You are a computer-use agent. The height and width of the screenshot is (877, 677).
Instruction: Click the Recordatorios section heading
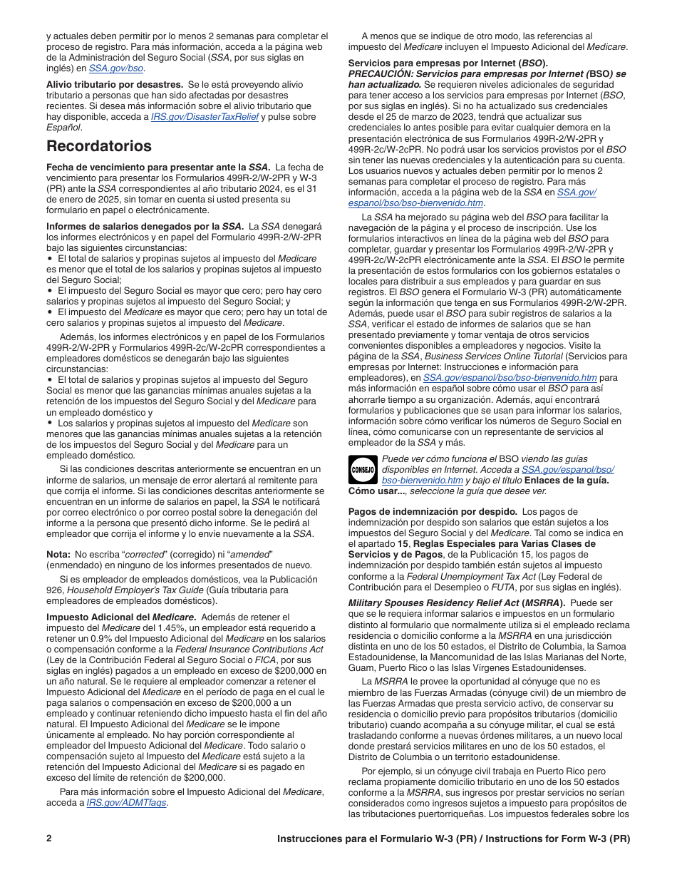tap(99, 146)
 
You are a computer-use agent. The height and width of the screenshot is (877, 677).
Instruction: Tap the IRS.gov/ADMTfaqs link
tap(126, 802)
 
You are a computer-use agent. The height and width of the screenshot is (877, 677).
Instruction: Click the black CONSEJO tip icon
tap(362, 470)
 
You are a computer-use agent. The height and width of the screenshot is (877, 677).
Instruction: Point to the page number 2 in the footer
tap(49, 838)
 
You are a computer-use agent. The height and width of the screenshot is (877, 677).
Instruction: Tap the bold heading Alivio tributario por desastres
tap(115, 84)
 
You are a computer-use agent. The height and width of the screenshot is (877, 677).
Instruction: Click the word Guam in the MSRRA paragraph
tap(361, 668)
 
